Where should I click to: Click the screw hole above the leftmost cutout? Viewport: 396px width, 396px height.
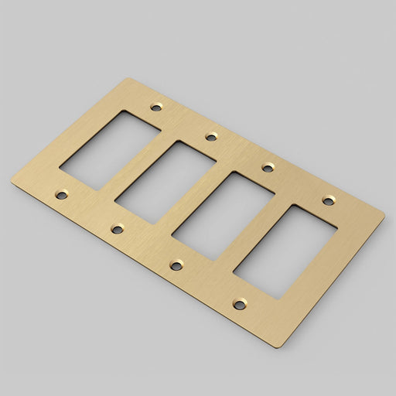pos(157,106)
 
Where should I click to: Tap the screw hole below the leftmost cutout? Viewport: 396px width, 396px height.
pos(62,195)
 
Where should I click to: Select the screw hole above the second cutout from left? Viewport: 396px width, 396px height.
pos(210,137)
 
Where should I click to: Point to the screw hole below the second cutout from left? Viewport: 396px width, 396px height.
pos(118,228)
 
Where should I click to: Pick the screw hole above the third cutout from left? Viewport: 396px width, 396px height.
pos(268,167)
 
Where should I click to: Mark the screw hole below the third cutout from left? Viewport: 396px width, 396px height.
pos(176,265)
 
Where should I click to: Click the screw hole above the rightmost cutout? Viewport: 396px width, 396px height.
pos(329,201)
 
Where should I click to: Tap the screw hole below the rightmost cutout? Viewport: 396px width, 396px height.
pos(240,304)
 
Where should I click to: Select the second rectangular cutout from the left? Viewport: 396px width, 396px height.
pos(165,183)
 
